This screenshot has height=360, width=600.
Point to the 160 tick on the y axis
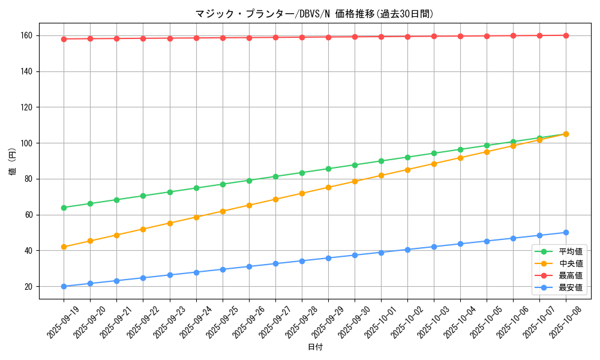pyautogui.click(x=28, y=36)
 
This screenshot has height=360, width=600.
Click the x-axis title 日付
pyautogui.click(x=315, y=347)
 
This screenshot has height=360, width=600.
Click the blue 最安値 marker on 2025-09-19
pyautogui.click(x=64, y=286)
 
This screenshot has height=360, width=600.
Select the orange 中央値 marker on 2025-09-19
pyautogui.click(x=64, y=247)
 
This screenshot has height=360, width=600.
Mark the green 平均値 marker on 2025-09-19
pyautogui.click(x=64, y=208)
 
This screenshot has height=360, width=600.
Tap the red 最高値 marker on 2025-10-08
pyautogui.click(x=566, y=35)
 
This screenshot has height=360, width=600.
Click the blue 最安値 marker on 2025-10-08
pyautogui.click(x=566, y=232)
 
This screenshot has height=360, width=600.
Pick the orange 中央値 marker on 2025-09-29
pyautogui.click(x=328, y=187)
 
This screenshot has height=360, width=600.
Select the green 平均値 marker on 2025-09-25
pyautogui.click(x=223, y=184)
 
